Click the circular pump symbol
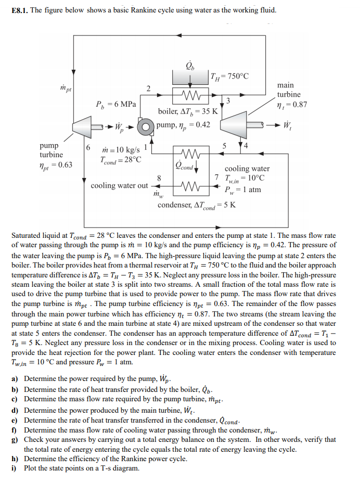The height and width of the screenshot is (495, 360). (148, 125)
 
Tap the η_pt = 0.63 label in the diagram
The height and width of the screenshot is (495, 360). (56, 166)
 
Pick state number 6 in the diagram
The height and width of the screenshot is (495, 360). (88, 147)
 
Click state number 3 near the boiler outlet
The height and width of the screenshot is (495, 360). (228, 99)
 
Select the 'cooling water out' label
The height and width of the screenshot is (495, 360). (119, 186)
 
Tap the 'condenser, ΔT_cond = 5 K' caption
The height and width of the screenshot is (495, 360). (197, 205)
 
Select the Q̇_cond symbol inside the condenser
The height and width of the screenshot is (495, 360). (184, 168)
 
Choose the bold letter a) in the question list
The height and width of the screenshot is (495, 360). (15, 379)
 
